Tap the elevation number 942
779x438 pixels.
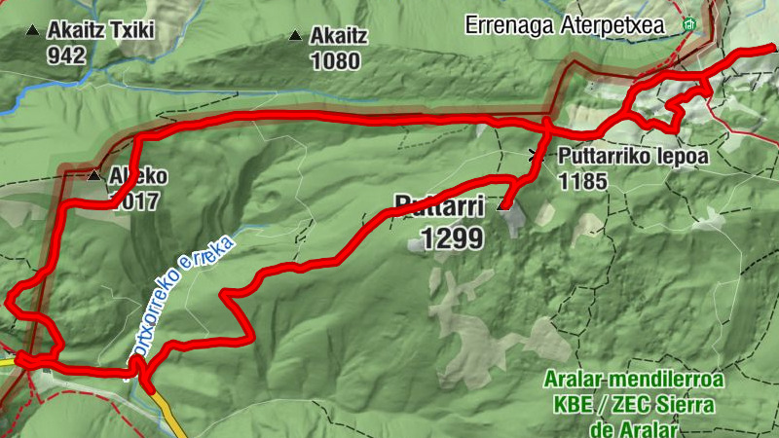(x=66, y=55)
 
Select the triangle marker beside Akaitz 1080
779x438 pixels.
(x=295, y=37)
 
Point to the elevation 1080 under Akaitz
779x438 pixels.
(x=335, y=62)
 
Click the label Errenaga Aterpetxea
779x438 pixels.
(x=577, y=24)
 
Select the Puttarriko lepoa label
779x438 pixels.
(x=630, y=156)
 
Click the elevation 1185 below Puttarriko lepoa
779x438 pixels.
(x=583, y=181)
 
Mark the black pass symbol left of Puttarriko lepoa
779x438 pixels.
(x=534, y=154)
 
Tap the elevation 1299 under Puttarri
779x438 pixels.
(x=451, y=237)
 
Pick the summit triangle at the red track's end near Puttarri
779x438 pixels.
(x=503, y=205)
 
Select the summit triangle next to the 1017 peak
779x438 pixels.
(x=93, y=176)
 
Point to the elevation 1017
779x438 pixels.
(x=135, y=203)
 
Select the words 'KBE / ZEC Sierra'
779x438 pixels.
(x=632, y=403)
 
